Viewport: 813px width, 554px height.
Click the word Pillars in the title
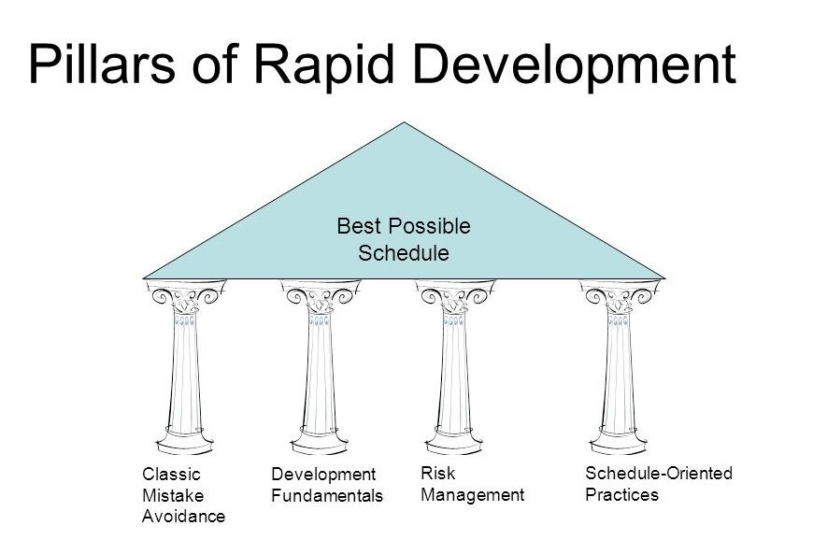(102, 64)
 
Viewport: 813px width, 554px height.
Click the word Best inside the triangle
(359, 226)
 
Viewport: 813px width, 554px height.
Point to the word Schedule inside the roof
(404, 253)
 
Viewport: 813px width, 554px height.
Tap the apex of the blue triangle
(404, 122)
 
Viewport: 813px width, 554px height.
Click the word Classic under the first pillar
(171, 474)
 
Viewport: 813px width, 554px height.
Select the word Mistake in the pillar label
(173, 495)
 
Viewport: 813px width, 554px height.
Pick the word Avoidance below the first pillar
(183, 517)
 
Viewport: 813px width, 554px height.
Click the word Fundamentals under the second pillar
(327, 495)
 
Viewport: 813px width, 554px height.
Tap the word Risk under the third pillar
(438, 473)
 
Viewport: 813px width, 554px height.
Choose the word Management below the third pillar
(472, 495)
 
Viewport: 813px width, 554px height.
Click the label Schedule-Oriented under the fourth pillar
(659, 473)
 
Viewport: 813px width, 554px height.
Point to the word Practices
(621, 494)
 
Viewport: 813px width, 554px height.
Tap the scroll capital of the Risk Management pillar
(455, 297)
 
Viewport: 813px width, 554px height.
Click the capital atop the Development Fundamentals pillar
(320, 297)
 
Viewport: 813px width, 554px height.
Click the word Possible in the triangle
(429, 226)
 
